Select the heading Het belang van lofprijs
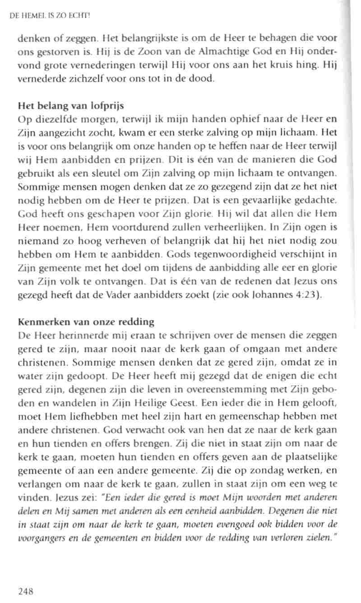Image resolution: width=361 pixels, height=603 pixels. (71, 107)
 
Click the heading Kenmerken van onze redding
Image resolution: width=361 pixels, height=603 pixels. (86, 322)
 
